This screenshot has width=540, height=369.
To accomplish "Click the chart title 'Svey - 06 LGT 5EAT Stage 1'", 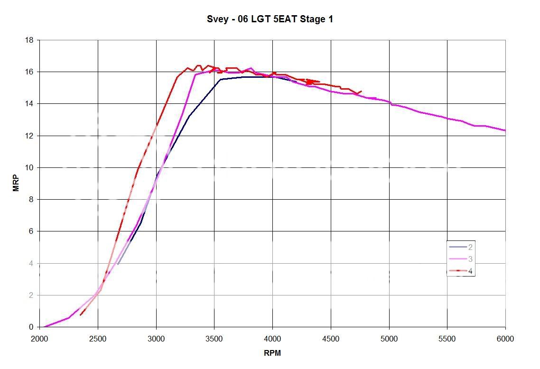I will [270, 19].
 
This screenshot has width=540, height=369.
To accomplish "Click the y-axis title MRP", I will [16, 184].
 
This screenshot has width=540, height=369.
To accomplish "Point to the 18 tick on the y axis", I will [29, 40].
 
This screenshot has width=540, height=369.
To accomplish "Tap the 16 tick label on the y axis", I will [29, 72].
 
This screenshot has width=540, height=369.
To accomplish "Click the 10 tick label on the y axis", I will [29, 168].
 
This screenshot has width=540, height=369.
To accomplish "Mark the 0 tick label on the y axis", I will [31, 327].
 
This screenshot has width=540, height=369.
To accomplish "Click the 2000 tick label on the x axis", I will [39, 339].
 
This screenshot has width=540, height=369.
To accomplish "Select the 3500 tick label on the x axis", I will [214, 339].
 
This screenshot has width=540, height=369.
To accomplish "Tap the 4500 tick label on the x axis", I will [331, 339].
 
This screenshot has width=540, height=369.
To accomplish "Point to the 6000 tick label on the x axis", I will [505, 339].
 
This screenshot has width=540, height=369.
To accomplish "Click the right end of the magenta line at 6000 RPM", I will [505, 130].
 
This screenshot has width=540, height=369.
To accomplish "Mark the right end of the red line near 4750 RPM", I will [362, 91].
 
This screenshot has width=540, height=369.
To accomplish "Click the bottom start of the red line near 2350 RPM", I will [80, 315].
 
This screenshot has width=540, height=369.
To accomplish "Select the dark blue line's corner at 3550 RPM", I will [221, 79].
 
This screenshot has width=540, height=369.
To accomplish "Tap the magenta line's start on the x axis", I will [45, 327].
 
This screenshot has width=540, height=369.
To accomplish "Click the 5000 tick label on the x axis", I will [389, 339].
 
